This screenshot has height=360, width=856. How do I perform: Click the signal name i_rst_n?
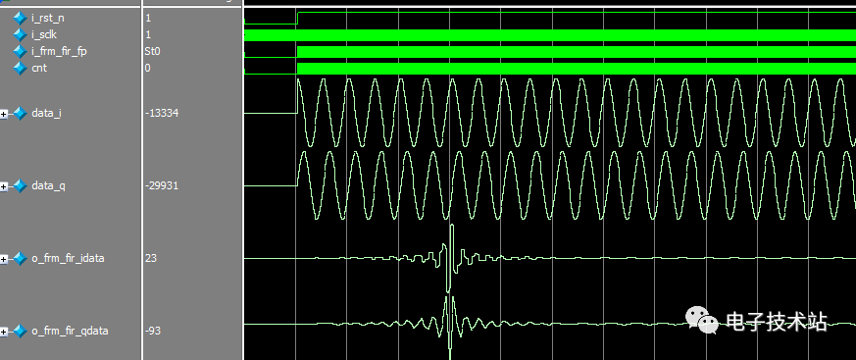(x=48, y=18)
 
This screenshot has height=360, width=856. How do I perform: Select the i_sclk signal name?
(x=45, y=34)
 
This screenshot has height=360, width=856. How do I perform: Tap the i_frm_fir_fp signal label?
(x=59, y=51)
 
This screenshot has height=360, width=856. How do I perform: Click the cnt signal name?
(x=39, y=68)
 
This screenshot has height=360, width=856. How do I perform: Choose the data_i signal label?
(x=46, y=113)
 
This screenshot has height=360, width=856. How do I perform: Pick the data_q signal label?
(x=47, y=185)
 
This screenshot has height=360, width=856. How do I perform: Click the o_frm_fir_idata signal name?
(x=68, y=258)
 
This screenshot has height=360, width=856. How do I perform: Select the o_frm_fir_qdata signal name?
(x=69, y=331)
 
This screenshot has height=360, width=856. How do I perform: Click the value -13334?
(x=161, y=113)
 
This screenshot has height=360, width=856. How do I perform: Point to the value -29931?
(x=161, y=185)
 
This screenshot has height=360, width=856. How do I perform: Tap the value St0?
(x=152, y=51)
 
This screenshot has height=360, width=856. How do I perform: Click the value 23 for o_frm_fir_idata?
(x=150, y=258)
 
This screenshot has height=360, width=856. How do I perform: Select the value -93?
(x=154, y=331)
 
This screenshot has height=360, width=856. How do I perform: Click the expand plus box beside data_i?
(x=5, y=114)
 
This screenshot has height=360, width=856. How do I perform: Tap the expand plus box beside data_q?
(x=5, y=186)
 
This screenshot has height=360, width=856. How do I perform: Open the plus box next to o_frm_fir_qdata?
(x=5, y=332)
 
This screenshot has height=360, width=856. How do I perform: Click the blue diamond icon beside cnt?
(x=20, y=68)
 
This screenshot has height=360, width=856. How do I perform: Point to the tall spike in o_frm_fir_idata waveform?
(x=451, y=245)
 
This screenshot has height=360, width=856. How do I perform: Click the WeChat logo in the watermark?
(x=702, y=322)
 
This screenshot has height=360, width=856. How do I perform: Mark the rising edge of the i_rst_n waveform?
(x=296, y=18)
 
